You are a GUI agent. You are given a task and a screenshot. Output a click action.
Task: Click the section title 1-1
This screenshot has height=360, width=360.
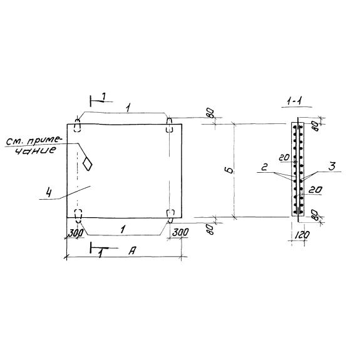[294, 101]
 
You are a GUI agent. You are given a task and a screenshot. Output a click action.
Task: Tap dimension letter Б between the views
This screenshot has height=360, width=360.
[230, 170]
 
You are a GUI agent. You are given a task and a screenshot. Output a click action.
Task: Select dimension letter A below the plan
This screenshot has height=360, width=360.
[132, 250]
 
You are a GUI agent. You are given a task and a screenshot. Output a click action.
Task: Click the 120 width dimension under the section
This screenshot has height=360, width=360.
[301, 235]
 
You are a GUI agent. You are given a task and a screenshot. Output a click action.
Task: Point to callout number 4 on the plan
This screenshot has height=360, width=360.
[49, 192]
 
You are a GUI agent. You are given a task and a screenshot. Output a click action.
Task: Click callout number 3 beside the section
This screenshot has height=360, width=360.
[332, 166]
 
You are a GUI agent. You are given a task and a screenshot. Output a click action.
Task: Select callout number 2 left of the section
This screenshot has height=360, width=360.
[264, 167]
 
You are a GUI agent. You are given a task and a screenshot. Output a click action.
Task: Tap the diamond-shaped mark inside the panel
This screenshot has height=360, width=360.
[87, 163]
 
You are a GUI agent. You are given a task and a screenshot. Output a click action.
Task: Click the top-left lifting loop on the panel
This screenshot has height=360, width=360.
[78, 125]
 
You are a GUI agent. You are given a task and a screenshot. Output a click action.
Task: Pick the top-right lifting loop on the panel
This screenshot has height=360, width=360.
[169, 125]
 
